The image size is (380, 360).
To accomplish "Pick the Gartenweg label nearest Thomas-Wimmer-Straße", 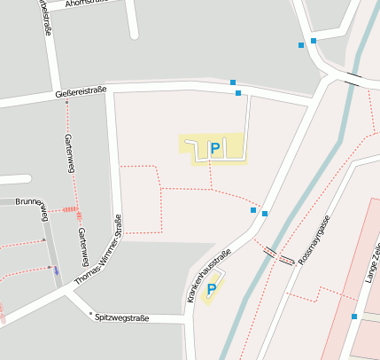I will tap(82, 247).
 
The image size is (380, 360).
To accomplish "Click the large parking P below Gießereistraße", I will tap(213, 148).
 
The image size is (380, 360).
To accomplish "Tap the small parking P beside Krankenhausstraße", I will tap(211, 289).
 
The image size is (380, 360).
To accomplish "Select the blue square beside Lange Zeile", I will tap(354, 317).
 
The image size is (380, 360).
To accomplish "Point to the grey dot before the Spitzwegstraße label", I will tap(90, 313).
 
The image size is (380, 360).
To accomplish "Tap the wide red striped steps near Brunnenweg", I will tap(69, 210).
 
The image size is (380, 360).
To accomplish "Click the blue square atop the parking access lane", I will tap(237, 92).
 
